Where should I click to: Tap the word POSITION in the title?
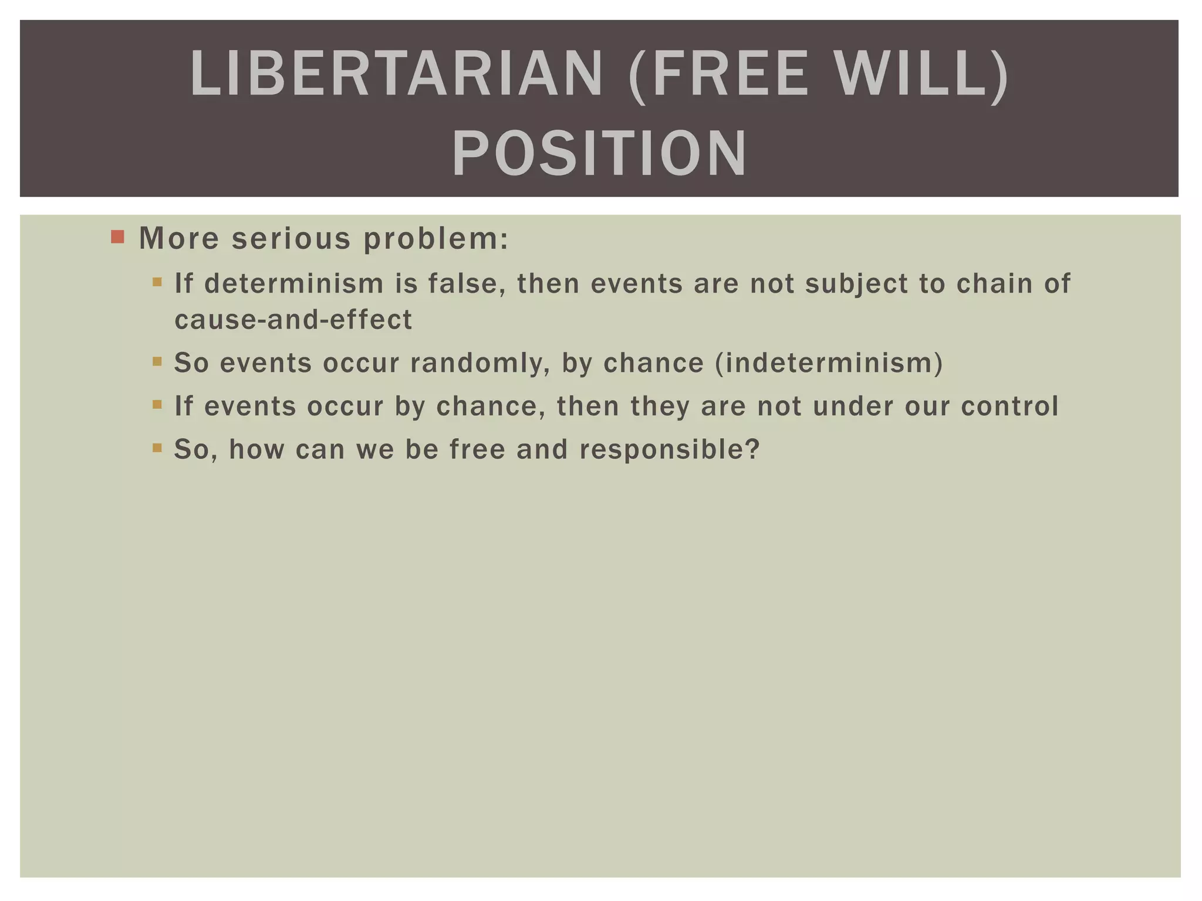[599, 154]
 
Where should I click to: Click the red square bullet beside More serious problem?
[118, 237]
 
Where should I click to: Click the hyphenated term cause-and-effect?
[293, 320]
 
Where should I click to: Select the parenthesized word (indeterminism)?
[829, 363]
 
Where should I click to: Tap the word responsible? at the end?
[670, 449]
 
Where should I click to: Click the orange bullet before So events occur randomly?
[157, 362]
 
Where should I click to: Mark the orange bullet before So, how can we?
[157, 448]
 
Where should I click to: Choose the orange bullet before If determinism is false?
[157, 283]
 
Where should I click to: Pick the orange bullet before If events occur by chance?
[157, 405]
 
